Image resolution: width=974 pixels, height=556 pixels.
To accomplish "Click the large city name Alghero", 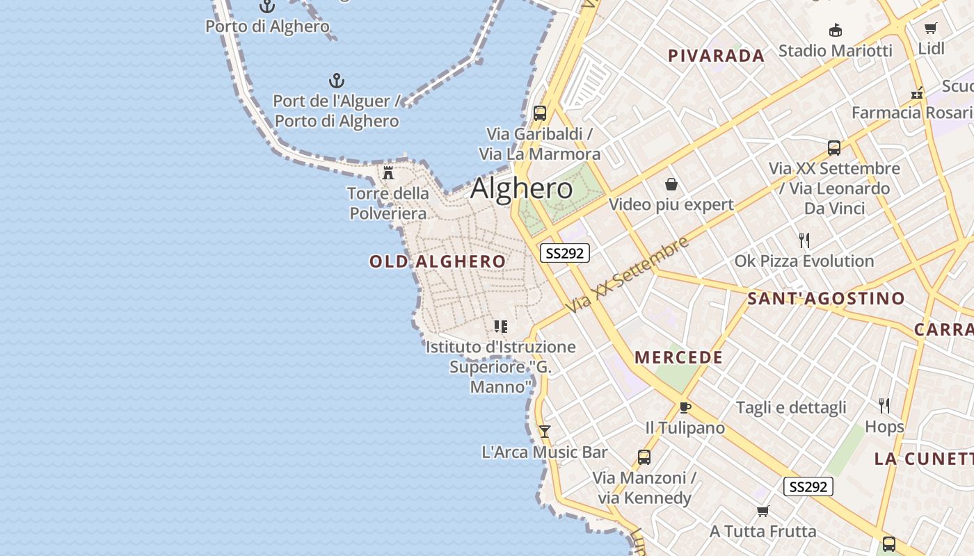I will point(522,189).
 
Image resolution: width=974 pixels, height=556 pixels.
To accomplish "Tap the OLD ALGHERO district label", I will point(438,262).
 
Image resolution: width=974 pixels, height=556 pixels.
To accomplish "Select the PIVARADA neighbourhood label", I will point(716,56).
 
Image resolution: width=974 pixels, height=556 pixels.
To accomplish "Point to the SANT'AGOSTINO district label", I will point(826,299).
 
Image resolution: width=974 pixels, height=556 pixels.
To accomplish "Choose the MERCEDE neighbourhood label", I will point(678,358).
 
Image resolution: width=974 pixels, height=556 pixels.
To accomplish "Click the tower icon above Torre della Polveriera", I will point(388,172).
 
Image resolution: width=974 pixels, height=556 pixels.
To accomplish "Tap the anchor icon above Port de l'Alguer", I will point(337,81).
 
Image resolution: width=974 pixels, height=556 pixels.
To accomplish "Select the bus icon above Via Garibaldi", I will point(539,113).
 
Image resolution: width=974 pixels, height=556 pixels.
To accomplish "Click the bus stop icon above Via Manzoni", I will point(644,457).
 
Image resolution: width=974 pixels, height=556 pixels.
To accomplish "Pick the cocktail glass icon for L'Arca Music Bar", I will point(545,432).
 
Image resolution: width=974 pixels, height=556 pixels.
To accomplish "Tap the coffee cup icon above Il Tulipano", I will point(685,407).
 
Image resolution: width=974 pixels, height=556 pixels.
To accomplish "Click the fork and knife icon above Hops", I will point(884,406).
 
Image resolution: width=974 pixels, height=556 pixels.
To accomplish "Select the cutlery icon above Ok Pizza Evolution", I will point(804,240).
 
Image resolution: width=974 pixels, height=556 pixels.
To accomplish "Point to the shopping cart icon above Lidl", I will point(931,28).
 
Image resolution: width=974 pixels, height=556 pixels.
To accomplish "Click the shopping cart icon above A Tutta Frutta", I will point(763,512).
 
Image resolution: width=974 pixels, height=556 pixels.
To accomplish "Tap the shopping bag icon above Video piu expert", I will point(671,184).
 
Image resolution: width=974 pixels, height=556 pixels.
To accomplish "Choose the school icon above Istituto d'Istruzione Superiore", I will point(500,326).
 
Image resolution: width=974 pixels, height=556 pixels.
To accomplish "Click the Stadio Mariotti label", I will point(835,51).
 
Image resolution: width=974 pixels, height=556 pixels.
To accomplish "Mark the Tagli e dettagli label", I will point(791,408).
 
